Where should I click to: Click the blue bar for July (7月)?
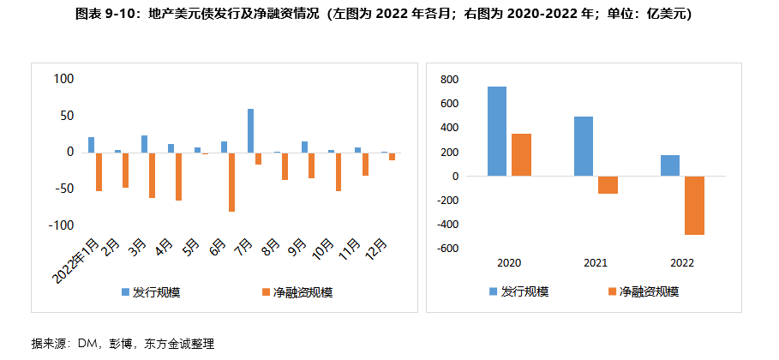pos(251,130)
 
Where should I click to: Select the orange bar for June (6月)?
pos(231,182)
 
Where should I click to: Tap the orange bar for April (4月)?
pos(178,176)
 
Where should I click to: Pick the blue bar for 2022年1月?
pos(91,145)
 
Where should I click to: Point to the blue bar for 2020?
pos(497,131)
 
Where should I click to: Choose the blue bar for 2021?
pos(584,147)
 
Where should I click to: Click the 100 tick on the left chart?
pos(64,79)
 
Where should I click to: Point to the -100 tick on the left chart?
pos(63,225)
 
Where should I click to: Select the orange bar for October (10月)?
pos(338,171)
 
